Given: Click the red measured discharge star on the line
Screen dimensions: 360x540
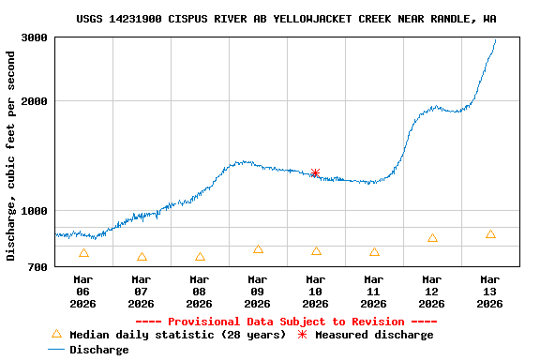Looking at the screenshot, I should point(315,172).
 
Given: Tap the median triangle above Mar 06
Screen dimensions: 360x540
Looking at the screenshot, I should point(83,253).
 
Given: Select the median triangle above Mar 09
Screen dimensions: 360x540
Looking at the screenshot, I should point(258,249).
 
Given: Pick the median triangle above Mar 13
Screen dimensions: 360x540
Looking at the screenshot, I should point(490,234).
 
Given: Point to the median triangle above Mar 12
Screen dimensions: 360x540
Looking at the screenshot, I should point(432,238).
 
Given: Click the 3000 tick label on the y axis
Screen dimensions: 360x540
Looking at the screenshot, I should point(35,38).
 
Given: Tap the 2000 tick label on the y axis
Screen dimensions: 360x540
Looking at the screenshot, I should point(35,101).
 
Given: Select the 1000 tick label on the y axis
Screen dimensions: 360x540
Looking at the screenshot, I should point(35,211).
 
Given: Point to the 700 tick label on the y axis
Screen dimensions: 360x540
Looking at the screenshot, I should point(38,268).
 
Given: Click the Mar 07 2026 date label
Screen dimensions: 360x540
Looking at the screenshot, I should point(141,291).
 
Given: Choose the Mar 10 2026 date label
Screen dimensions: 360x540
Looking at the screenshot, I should point(315,291).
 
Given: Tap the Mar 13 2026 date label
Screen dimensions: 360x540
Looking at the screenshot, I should point(489,291).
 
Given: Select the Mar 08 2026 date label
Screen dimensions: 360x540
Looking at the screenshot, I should point(199,291).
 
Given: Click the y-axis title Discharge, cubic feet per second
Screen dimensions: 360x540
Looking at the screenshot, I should point(11,156).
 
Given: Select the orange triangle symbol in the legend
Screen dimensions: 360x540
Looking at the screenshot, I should point(56,334).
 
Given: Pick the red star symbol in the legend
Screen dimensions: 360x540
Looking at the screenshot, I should point(302,335).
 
